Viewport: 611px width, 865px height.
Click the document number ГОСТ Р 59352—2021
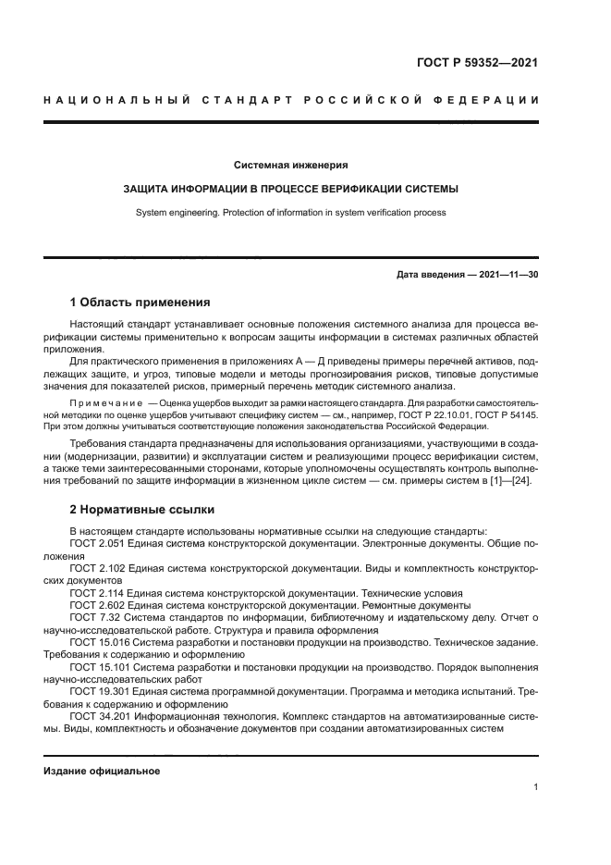point(477,64)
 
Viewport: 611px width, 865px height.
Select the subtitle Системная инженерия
point(290,165)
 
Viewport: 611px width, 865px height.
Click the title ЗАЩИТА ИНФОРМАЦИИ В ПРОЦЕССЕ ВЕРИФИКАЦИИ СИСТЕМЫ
point(290,189)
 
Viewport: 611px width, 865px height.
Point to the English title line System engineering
point(290,212)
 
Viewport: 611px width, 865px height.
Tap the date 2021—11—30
point(507,275)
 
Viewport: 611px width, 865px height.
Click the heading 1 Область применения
point(141,303)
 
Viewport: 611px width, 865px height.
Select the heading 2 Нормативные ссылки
point(142,509)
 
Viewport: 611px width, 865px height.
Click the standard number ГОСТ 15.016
point(101,639)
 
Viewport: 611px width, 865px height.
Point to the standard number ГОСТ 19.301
point(101,691)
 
